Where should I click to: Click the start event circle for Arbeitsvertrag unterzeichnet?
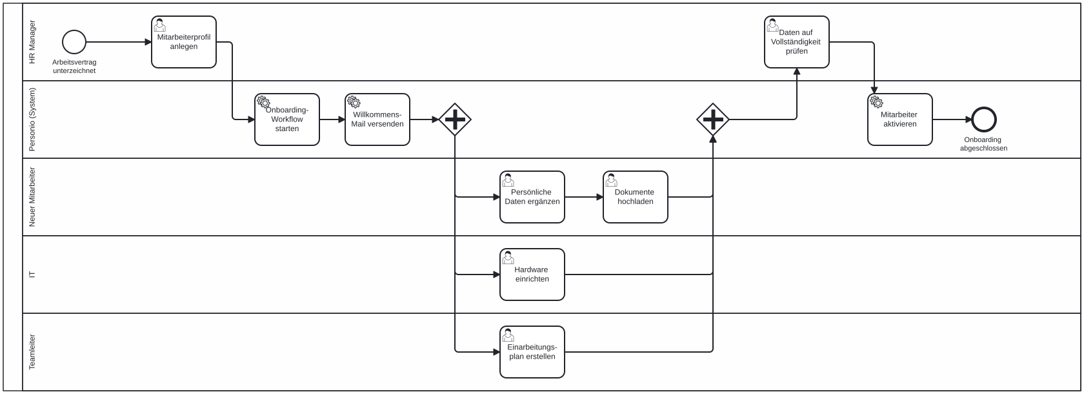[74, 42]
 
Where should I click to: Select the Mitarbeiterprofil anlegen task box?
[184, 42]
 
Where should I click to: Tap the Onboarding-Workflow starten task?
[287, 119]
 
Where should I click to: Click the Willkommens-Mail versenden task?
[377, 119]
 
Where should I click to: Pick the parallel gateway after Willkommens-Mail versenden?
[455, 119]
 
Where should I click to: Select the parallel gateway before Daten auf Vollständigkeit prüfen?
[713, 119]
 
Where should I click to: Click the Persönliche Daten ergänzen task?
[532, 197]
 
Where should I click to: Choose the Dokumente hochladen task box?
[636, 197]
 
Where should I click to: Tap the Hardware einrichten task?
[532, 275]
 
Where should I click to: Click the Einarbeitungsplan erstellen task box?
[532, 352]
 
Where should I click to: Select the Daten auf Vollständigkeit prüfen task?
[797, 42]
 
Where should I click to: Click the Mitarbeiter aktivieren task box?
[900, 119]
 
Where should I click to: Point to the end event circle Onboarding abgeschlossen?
[984, 119]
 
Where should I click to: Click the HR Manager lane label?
[32, 42]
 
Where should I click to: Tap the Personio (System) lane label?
[32, 119]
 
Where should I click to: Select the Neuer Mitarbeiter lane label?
[32, 197]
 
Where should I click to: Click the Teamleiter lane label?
[32, 352]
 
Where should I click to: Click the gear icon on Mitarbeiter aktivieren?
[876, 102]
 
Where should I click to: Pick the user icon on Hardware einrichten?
[508, 258]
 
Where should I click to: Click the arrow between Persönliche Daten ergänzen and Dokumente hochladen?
[584, 197]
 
